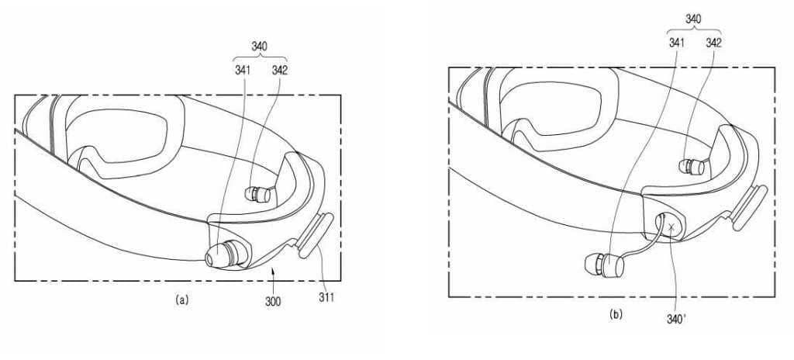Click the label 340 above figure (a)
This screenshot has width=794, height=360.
click(259, 47)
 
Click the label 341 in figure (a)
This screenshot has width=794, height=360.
click(243, 71)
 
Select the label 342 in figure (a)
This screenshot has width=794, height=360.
click(279, 71)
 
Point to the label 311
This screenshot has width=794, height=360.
click(326, 298)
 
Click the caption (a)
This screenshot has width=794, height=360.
click(181, 299)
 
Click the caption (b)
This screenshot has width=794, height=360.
click(616, 315)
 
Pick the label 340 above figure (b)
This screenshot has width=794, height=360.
click(692, 19)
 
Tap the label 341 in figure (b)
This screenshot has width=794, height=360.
click(676, 43)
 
